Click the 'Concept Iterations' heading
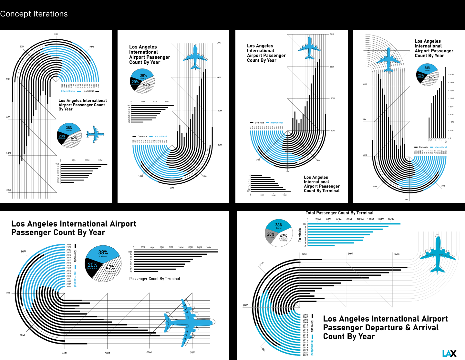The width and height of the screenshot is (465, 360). (x=34, y=14)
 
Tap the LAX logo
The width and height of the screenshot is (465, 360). (x=449, y=354)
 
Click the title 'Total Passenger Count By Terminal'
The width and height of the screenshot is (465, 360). (x=339, y=213)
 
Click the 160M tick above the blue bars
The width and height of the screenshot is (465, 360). (x=391, y=219)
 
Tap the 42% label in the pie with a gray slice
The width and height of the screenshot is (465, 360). (x=284, y=236)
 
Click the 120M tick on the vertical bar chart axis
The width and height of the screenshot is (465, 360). (x=452, y=91)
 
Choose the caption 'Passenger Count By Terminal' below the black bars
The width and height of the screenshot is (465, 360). (x=155, y=279)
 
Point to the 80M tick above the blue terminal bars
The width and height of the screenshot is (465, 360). (x=349, y=219)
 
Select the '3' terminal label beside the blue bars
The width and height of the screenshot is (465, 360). (x=305, y=243)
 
